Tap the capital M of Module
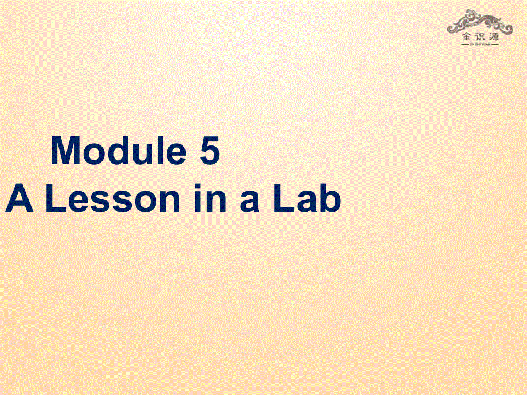point(66,152)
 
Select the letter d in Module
point(119,152)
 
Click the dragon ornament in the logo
point(481,22)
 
